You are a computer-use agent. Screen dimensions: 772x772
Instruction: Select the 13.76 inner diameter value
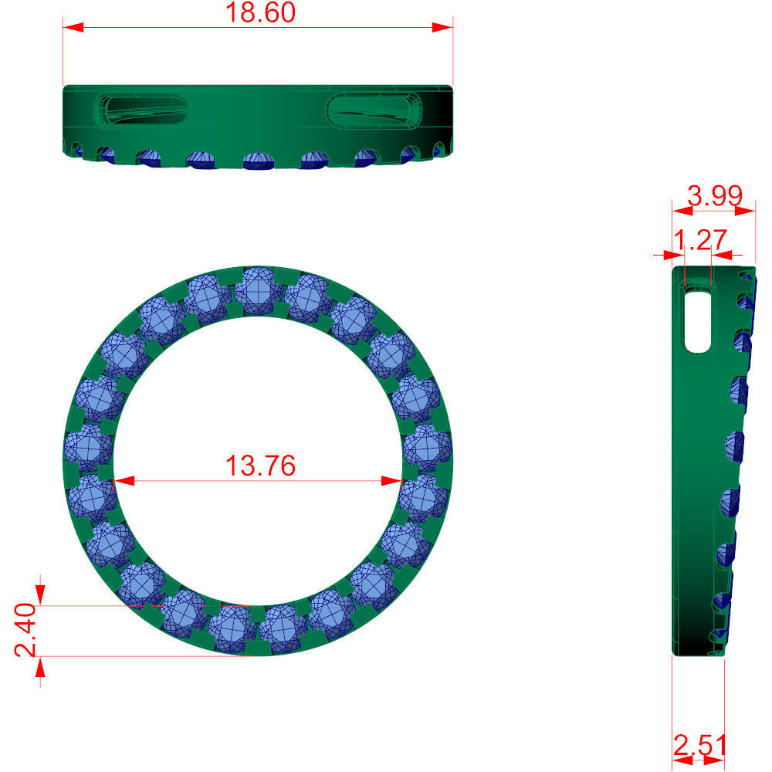[259, 466]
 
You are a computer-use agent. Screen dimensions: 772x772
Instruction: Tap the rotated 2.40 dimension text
[25, 629]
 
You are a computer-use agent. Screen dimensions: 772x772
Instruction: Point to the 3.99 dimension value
[715, 195]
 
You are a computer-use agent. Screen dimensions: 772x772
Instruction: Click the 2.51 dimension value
[699, 747]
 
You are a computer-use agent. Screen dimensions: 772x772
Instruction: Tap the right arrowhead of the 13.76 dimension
[393, 481]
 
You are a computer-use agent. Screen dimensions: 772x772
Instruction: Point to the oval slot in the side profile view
[698, 321]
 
